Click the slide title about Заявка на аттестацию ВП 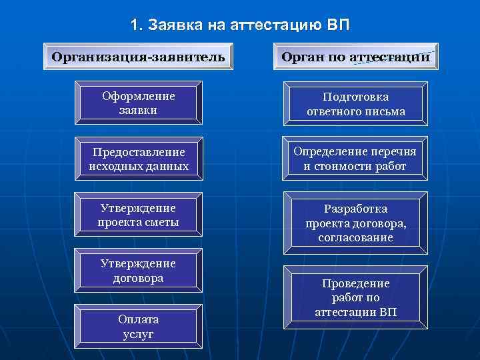pos(239,26)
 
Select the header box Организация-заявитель pos(138,56)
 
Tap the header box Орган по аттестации pos(355,57)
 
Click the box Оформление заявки pos(139,103)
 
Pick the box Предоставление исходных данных pos(139,159)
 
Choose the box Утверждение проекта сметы pos(139,215)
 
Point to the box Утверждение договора pos(139,271)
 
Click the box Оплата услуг pos(139,326)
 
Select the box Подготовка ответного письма pos(356,104)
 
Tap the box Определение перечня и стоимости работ pos(356,159)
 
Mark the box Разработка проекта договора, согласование pos(356,223)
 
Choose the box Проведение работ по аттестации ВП pos(356,297)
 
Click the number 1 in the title pos(135,26)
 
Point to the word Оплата pos(139,319)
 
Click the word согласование pos(356,237)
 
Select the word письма pos(385,111)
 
